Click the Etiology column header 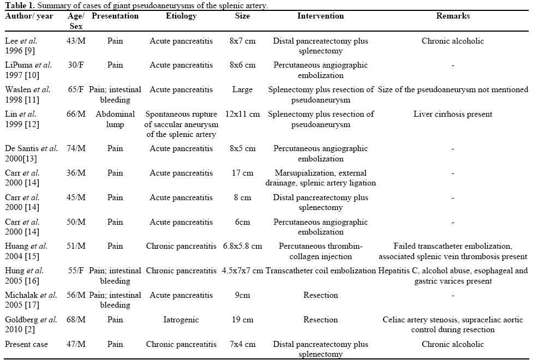coord(182,16)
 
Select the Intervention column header coord(320,16)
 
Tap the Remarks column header coord(453,16)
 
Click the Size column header coord(242,16)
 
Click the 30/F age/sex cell coord(76,65)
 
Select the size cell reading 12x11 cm coord(242,115)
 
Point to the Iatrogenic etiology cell coord(182,320)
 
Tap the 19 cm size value coord(242,320)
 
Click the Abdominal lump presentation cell coord(115,119)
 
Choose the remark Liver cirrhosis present coord(453,115)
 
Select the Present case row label coord(26,344)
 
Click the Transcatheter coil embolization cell coord(320,271)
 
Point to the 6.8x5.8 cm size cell coord(242,246)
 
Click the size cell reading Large coord(242,90)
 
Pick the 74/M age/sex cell coord(76,148)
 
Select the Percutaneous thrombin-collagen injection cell coord(320,251)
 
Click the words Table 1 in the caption coord(17,5)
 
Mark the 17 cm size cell coord(242,173)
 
